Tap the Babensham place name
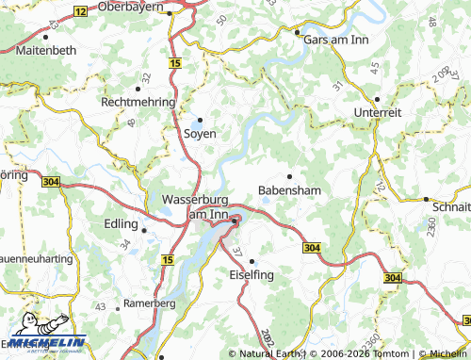pyautogui.click(x=290, y=189)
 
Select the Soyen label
pyautogui.click(x=200, y=134)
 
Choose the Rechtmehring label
pyautogui.click(x=138, y=101)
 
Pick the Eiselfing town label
pyautogui.click(x=252, y=274)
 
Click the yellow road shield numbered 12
pyautogui.click(x=81, y=11)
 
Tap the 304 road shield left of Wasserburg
pyautogui.click(x=51, y=181)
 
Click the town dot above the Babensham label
pyautogui.click(x=289, y=175)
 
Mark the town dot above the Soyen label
pyautogui.click(x=199, y=120)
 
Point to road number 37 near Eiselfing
pyautogui.click(x=236, y=253)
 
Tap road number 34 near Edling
pyautogui.click(x=124, y=243)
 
